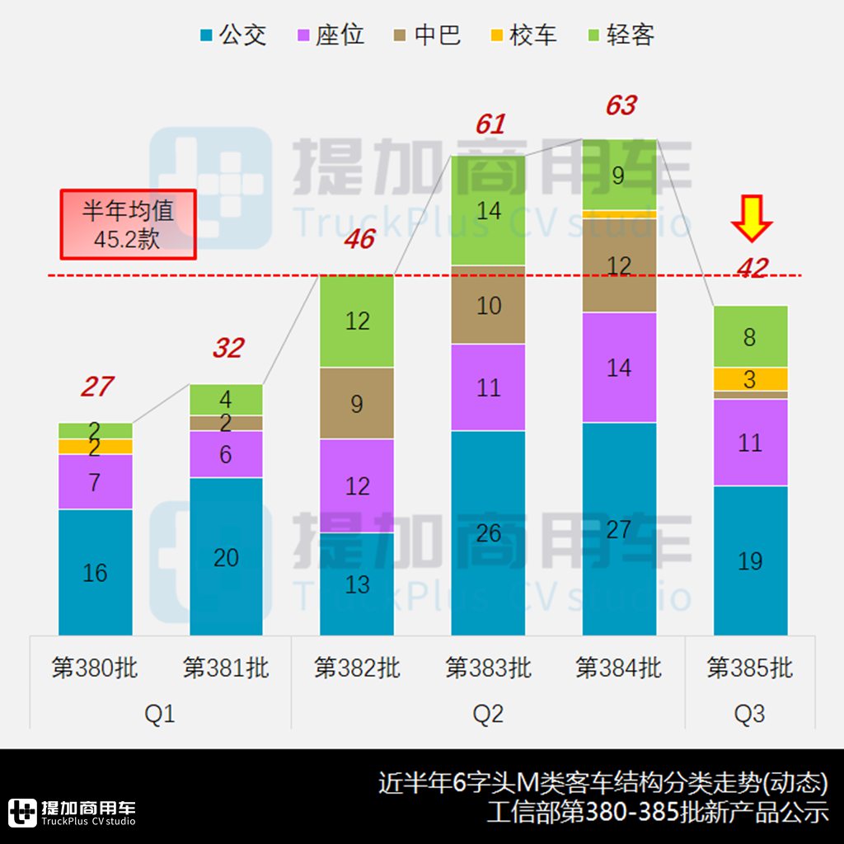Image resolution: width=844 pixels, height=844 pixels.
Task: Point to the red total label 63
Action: (621, 105)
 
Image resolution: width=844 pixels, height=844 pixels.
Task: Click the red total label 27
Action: (96, 386)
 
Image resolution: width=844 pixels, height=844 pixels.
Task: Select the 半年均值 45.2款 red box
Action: (128, 224)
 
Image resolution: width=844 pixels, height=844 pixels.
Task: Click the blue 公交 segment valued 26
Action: (488, 532)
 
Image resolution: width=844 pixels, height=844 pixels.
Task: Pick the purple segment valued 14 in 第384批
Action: (619, 368)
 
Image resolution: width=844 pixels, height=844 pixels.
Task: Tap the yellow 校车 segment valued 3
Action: (750, 379)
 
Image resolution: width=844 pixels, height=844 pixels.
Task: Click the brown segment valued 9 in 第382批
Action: (357, 404)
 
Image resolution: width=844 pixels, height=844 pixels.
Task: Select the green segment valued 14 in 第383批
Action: (488, 211)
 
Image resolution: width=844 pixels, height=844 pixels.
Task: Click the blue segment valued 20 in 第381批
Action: (226, 557)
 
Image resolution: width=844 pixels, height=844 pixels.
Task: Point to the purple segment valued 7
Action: (95, 482)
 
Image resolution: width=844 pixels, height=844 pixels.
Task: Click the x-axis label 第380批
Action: (95, 668)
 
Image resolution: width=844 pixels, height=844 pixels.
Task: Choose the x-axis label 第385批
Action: (750, 668)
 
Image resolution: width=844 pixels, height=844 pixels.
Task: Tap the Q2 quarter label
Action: (488, 714)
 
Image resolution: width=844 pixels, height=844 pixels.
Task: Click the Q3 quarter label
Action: (750, 714)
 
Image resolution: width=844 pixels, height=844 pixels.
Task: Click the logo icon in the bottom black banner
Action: (22, 812)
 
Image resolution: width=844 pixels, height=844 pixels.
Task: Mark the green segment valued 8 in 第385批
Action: (750, 336)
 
